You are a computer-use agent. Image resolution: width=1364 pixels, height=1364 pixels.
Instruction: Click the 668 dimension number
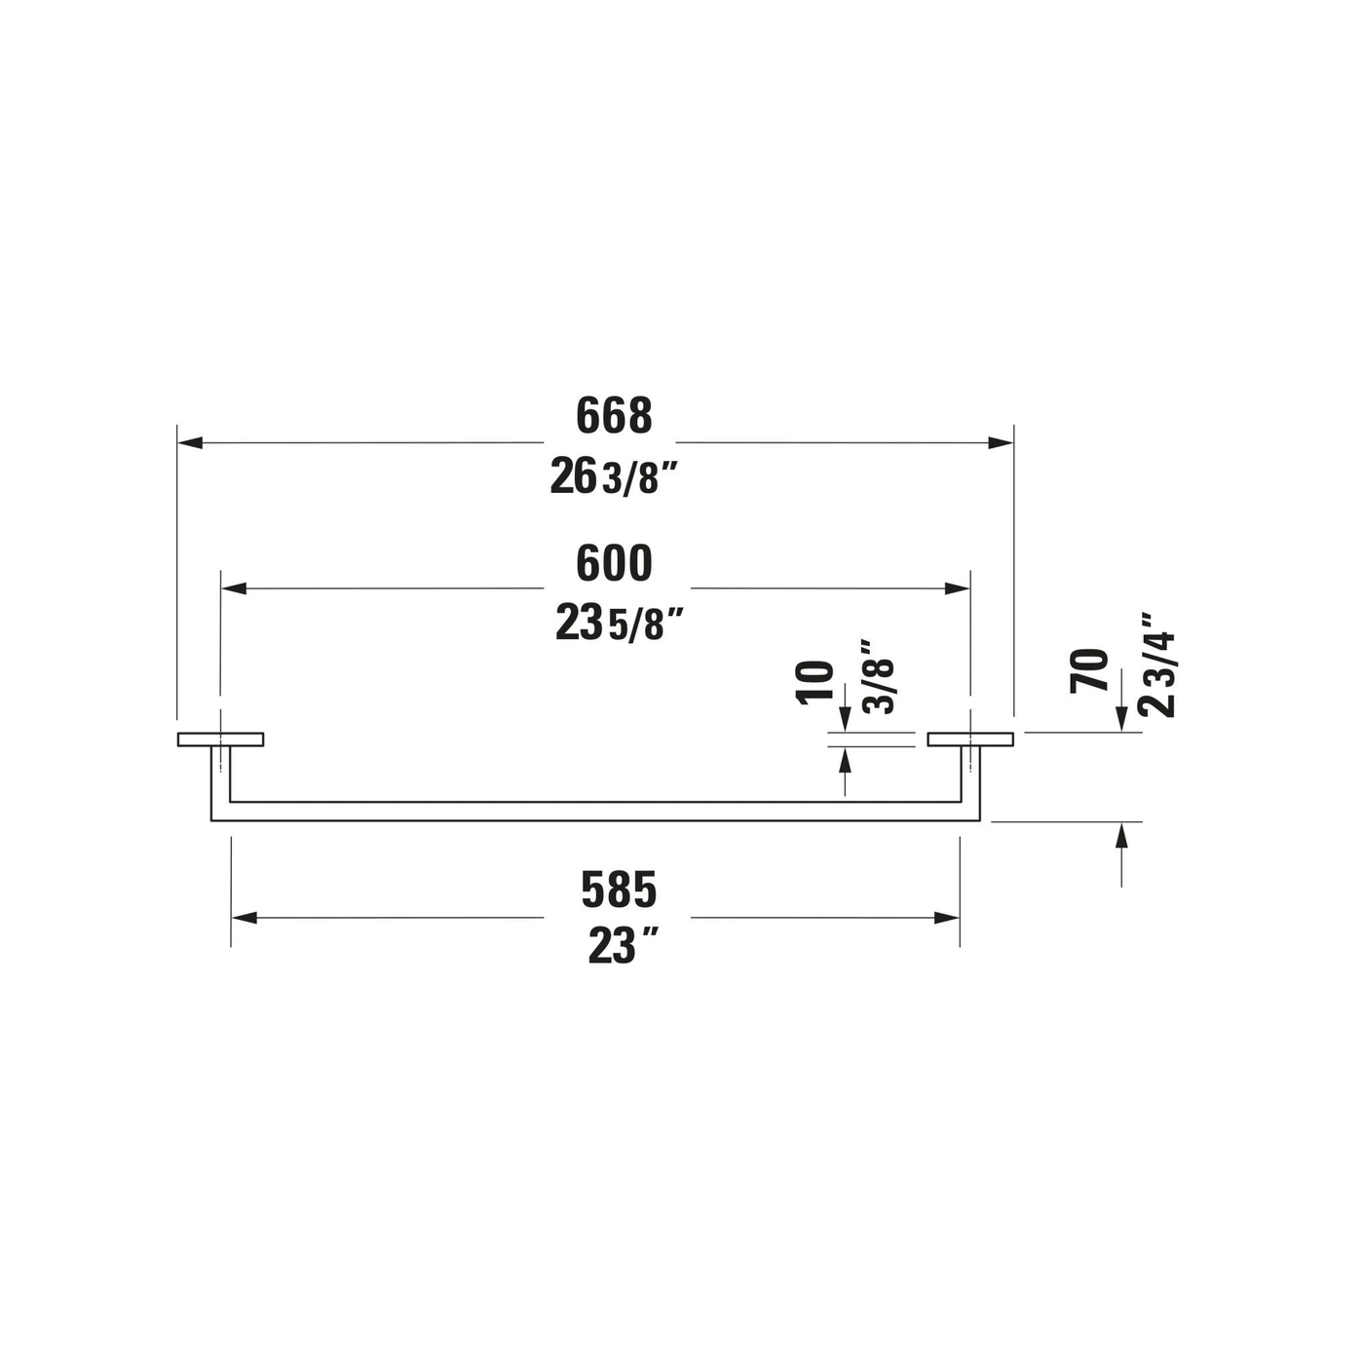614,415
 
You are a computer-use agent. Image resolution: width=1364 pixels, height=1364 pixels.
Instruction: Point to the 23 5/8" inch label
619,624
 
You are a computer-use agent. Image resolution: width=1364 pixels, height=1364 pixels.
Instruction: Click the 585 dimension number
619,890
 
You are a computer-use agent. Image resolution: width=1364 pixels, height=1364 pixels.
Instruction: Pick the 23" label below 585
623,947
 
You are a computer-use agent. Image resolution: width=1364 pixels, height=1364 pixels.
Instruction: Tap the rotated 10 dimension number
815,682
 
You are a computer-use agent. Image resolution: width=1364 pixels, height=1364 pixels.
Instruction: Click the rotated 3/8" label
878,677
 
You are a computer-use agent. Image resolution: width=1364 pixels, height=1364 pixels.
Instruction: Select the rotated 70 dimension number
1088,670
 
